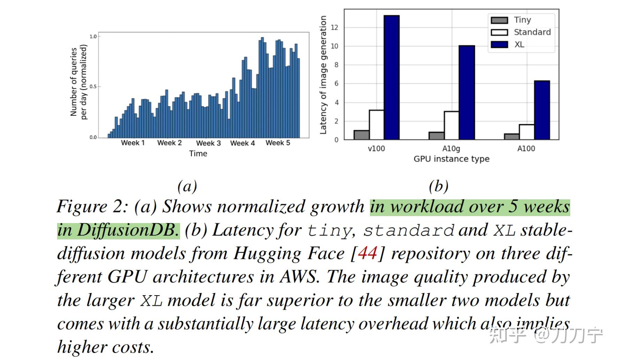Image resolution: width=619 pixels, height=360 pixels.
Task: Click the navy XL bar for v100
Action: point(392,77)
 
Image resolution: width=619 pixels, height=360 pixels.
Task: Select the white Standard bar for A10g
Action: point(451,125)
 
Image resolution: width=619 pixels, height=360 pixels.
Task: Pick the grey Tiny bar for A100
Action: point(512,137)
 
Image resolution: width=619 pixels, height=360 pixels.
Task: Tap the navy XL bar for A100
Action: point(542,110)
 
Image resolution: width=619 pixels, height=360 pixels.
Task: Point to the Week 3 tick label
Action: point(208,143)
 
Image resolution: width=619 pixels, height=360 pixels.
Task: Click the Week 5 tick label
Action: point(278,143)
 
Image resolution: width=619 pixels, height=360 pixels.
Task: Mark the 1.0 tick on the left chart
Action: point(93,36)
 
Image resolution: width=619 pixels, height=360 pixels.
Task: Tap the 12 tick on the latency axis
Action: point(335,28)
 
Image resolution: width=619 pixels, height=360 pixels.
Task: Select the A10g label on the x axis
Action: point(451,149)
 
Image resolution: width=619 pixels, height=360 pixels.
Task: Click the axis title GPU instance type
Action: point(451,159)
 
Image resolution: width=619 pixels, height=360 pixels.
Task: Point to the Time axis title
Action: point(198,154)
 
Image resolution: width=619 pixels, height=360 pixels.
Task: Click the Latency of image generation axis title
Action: point(323,75)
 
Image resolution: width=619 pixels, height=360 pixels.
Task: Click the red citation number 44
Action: point(367,253)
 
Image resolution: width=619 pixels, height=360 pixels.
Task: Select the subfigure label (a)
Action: point(187,186)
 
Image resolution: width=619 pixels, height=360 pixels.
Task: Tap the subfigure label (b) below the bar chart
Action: point(439,186)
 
